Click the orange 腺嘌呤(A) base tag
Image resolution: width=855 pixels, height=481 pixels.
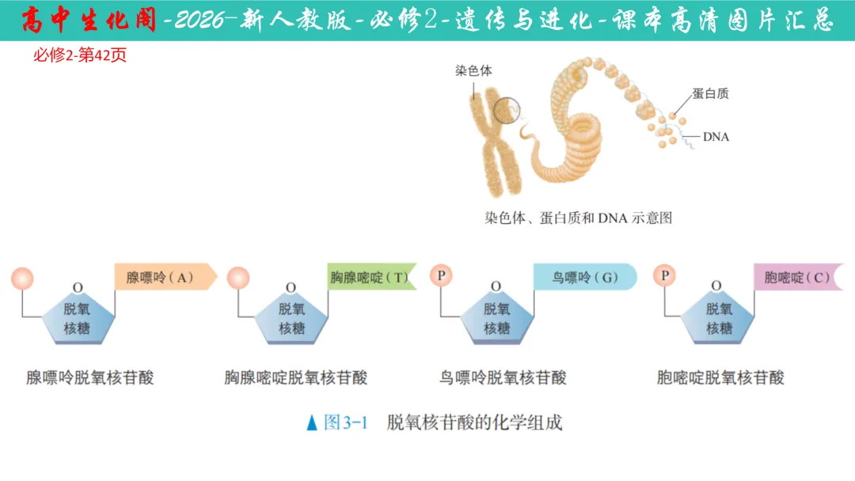click(x=165, y=277)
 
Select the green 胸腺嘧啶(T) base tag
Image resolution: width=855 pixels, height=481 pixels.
click(x=371, y=277)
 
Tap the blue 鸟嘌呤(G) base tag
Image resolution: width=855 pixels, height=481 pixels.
click(x=584, y=277)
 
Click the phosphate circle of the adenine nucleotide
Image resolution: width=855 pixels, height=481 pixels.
click(x=22, y=278)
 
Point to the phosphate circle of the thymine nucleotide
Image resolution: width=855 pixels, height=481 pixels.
click(x=237, y=278)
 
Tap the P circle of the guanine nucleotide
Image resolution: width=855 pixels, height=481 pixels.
click(x=441, y=276)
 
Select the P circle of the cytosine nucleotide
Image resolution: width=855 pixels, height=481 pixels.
click(x=665, y=276)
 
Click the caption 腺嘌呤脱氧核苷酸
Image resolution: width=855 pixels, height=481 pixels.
click(x=90, y=377)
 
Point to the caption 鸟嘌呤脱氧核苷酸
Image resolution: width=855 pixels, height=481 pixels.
click(x=503, y=377)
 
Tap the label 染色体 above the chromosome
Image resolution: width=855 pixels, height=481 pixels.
click(x=473, y=70)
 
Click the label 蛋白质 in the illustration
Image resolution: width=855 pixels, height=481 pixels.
click(x=710, y=93)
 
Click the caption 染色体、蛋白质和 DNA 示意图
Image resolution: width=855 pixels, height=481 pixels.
click(x=578, y=218)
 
